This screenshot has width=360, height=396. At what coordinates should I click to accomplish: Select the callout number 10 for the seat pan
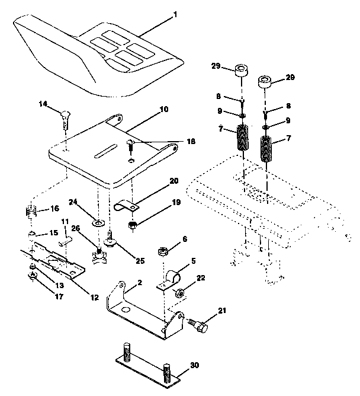(147, 110)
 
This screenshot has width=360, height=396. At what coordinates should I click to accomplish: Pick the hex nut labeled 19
(133, 225)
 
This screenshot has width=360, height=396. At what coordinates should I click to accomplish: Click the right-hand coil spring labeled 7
(267, 150)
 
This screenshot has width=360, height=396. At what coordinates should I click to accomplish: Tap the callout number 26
(76, 228)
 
